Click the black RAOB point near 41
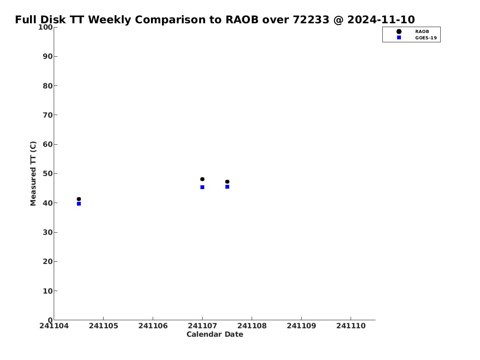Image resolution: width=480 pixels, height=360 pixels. [x=79, y=199]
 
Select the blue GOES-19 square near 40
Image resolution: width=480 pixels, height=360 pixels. [x=79, y=203]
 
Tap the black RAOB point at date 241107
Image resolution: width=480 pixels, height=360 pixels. [x=202, y=179]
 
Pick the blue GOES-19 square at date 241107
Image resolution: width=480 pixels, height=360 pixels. [x=202, y=187]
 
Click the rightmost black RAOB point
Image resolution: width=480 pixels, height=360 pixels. [x=227, y=181]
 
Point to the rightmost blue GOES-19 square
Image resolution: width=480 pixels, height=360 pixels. [x=227, y=187]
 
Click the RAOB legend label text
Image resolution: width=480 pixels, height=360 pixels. [x=422, y=32]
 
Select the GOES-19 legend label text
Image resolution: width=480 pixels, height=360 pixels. [x=426, y=38]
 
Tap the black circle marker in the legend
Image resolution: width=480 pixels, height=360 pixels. [x=399, y=32]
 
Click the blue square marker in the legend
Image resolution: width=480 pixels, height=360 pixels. [x=399, y=37]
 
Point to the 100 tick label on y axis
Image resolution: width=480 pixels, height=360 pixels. [x=45, y=27]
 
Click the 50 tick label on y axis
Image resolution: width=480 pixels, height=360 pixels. [x=48, y=173]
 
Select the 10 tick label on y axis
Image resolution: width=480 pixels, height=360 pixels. [x=48, y=291]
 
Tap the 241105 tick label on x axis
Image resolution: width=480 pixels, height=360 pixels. [x=104, y=326]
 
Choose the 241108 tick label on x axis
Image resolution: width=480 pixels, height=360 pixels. [x=252, y=326]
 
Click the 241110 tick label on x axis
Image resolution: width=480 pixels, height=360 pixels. [x=351, y=326]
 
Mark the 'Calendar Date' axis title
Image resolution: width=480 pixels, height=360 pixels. [x=215, y=334]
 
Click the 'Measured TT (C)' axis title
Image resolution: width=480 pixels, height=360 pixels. [x=33, y=173]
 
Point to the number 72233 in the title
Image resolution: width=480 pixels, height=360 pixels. [x=311, y=19]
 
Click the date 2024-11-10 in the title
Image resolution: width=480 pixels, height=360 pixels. [x=381, y=19]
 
